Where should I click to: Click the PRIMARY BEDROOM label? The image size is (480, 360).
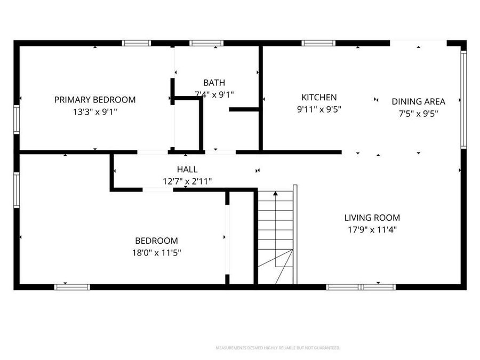pyautogui.click(x=95, y=100)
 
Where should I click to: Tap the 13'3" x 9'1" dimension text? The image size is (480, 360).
pyautogui.click(x=95, y=112)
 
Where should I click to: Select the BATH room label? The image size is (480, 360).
pyautogui.click(x=214, y=83)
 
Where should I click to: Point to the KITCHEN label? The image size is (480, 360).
pyautogui.click(x=319, y=97)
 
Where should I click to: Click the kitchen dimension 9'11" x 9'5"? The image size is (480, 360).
pyautogui.click(x=319, y=109)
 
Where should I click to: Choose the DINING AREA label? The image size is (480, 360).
pyautogui.click(x=418, y=101)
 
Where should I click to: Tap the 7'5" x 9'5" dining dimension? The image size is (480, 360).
pyautogui.click(x=418, y=113)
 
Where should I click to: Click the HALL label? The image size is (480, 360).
pyautogui.click(x=187, y=170)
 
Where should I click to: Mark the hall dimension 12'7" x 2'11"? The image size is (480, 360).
pyautogui.click(x=187, y=181)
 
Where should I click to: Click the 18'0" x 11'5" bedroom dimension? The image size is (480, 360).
pyautogui.click(x=156, y=253)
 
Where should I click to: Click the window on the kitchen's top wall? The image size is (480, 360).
pyautogui.click(x=318, y=43)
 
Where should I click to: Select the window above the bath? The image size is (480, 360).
pyautogui.click(x=206, y=43)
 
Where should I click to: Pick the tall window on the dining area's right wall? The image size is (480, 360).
pyautogui.click(x=463, y=99)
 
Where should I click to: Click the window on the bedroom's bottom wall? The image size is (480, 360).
pyautogui.click(x=72, y=287)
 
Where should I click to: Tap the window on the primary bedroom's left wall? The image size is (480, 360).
pyautogui.click(x=17, y=119)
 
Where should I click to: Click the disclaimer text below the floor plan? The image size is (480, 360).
pyautogui.click(x=277, y=348)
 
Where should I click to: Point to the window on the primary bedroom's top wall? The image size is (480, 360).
pyautogui.click(x=137, y=43)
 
